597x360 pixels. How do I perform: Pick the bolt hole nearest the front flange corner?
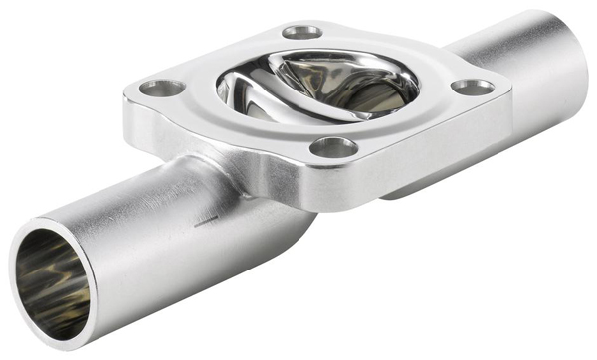(x=334, y=148)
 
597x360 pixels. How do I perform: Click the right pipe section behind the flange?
(x=517, y=60)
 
